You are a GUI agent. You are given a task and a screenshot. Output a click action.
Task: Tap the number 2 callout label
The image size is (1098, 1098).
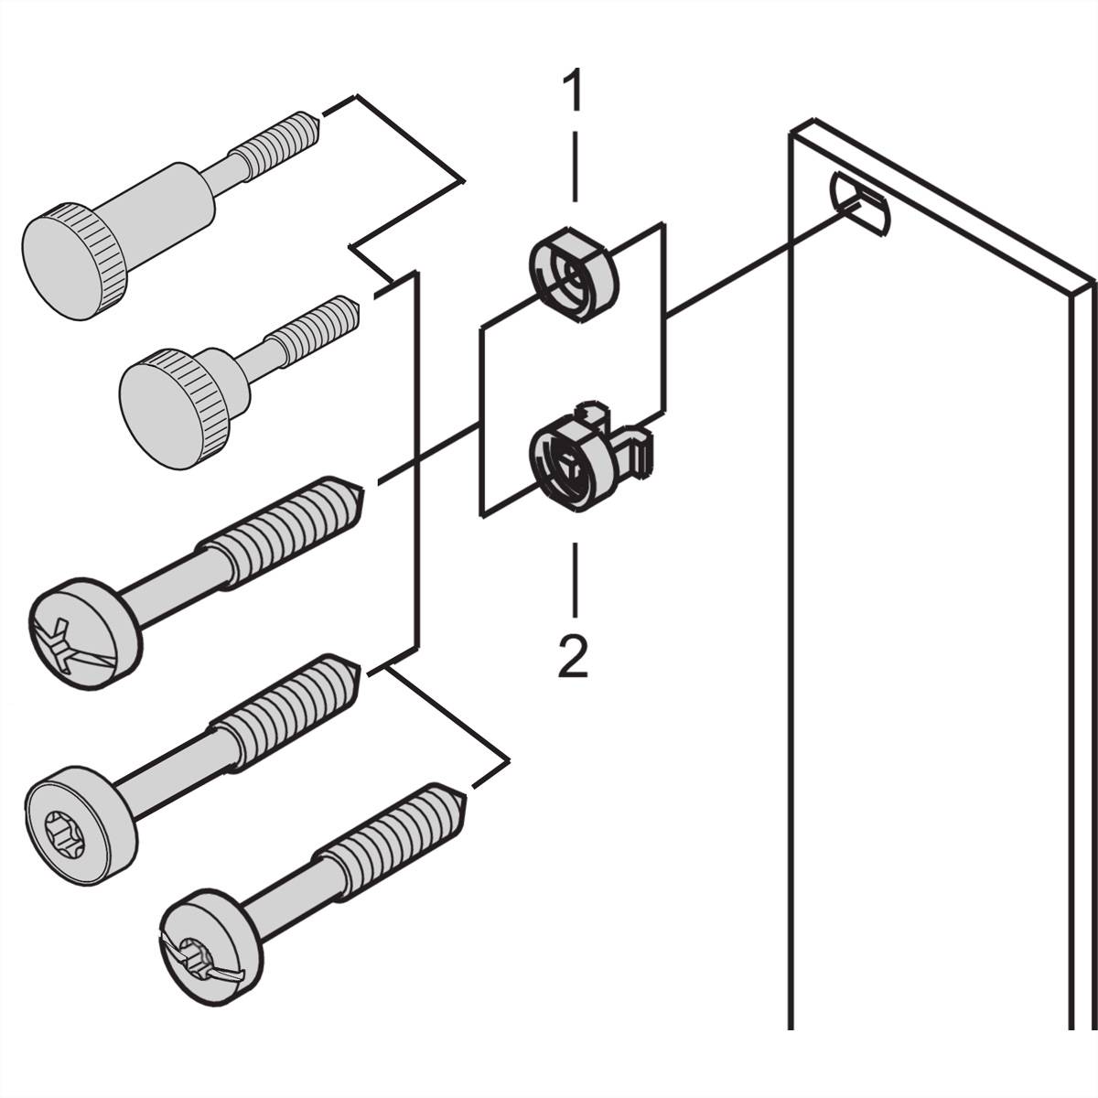point(574,657)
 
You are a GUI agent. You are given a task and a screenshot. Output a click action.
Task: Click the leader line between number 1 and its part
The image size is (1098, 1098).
point(575,165)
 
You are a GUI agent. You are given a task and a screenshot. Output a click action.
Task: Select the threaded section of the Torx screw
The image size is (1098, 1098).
point(274,714)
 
